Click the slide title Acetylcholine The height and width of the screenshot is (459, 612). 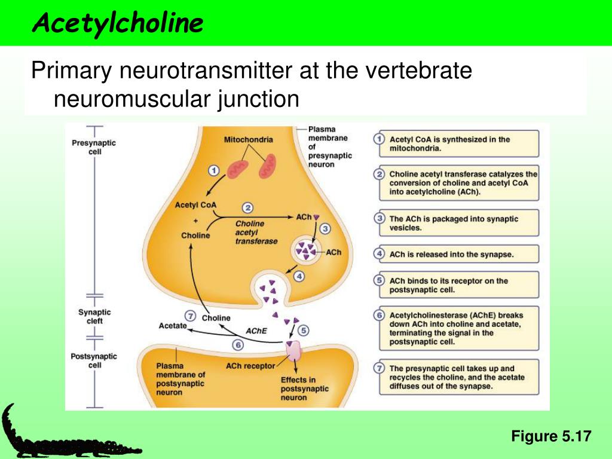point(118,23)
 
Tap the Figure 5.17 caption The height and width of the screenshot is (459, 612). point(550,436)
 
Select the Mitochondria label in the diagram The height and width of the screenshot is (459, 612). point(248,140)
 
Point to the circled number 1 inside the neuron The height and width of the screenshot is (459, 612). point(214,171)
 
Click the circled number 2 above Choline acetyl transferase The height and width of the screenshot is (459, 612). point(247,208)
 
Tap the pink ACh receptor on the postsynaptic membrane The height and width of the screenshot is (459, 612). point(295,353)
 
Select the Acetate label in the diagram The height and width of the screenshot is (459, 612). point(173,326)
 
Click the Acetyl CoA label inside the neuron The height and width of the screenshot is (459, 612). point(195,205)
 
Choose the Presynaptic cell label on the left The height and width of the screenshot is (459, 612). point(94,147)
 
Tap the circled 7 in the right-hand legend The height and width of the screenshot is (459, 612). point(378,369)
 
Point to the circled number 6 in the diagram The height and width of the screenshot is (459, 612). point(238,345)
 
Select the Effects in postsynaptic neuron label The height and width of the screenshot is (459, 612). point(304,388)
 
